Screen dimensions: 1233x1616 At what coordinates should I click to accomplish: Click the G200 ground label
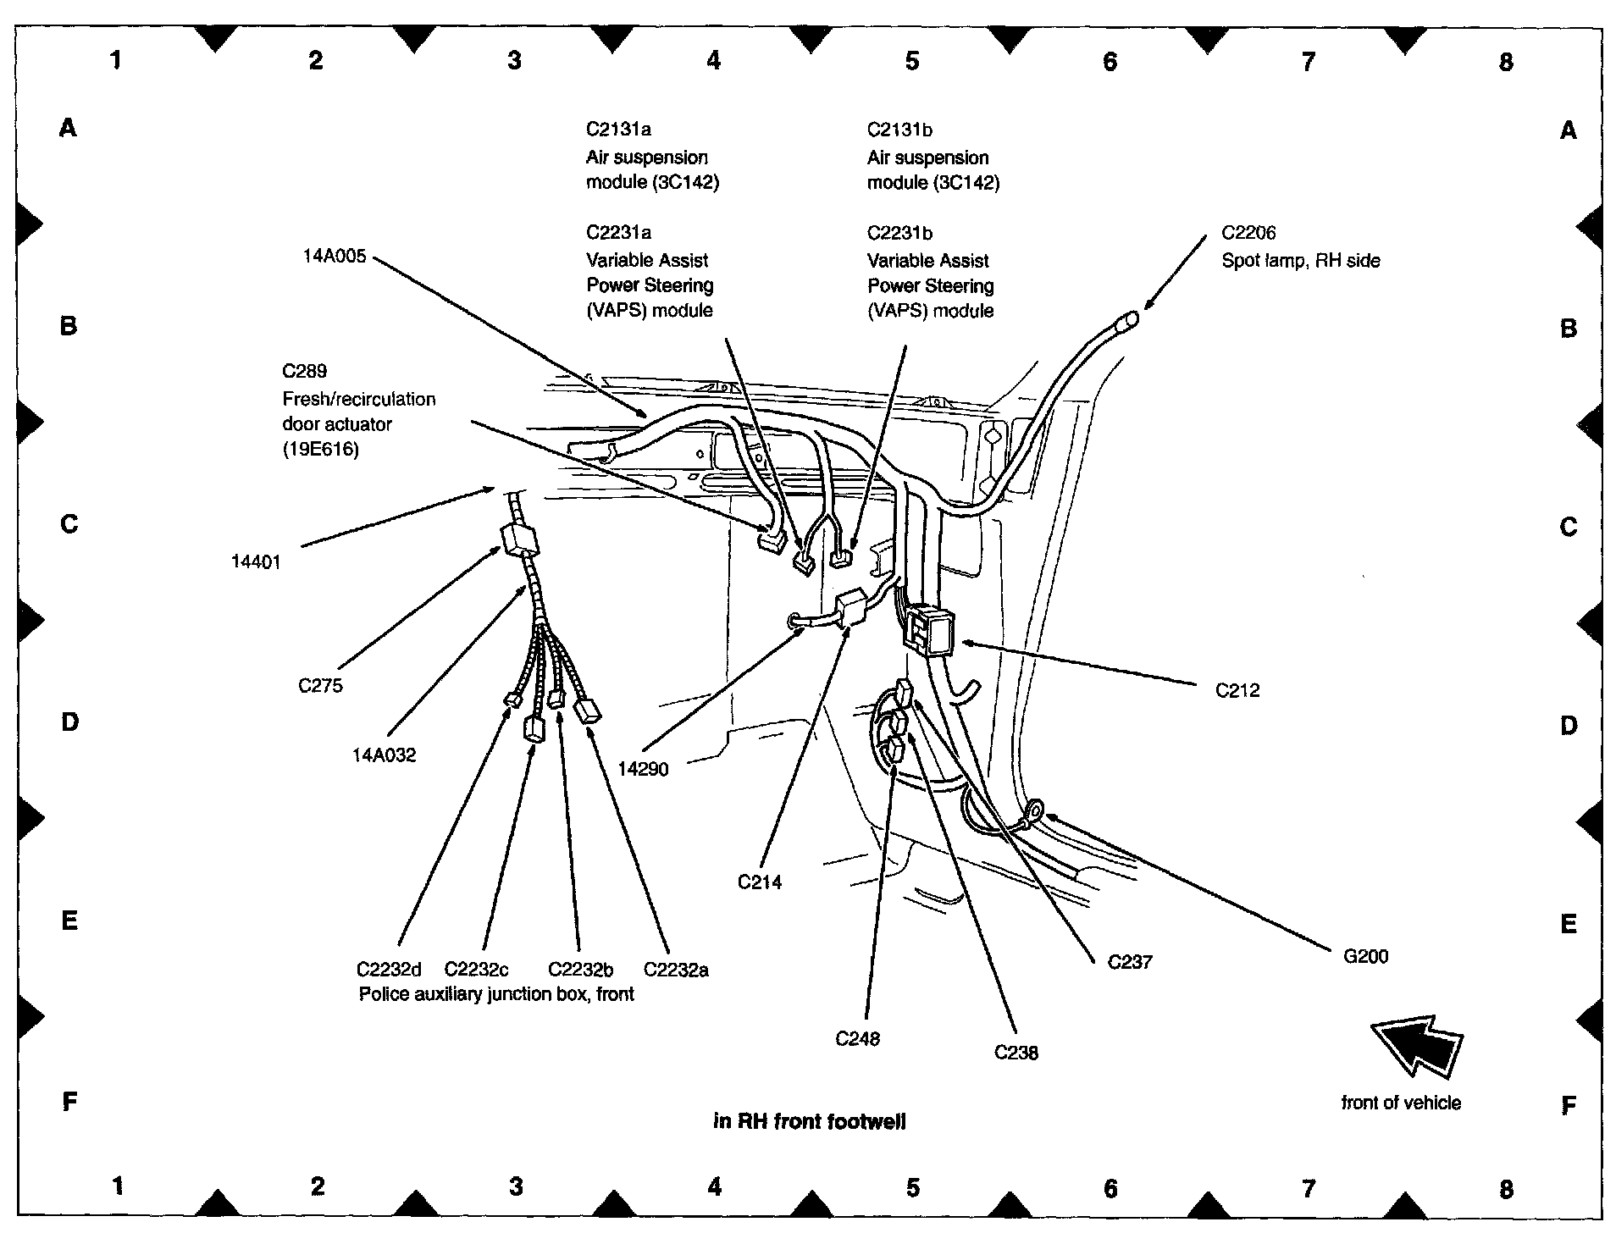tap(1365, 957)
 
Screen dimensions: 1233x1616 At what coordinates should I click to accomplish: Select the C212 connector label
tap(1237, 691)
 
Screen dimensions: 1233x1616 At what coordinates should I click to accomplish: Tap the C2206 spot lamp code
tap(1248, 233)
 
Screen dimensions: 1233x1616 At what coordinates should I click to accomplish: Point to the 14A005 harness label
tap(335, 256)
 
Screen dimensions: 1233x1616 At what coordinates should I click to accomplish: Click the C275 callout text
tap(320, 686)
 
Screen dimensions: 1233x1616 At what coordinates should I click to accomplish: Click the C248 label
tap(857, 1039)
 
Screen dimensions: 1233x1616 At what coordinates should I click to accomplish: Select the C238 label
tap(1016, 1053)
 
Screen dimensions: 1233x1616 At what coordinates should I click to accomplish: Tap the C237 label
tap(1130, 962)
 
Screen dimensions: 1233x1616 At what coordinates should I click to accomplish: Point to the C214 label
tap(760, 882)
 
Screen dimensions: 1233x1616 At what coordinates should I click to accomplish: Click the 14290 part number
tap(643, 770)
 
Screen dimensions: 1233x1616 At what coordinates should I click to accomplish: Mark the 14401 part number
tap(256, 562)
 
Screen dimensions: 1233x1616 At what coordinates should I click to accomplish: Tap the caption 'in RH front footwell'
tap(809, 1122)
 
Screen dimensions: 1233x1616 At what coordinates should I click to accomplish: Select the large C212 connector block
tap(929, 631)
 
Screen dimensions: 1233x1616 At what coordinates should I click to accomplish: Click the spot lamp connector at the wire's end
tap(1127, 321)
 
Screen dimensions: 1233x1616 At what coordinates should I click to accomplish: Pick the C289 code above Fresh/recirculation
tap(304, 371)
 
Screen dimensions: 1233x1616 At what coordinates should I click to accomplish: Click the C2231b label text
tap(899, 233)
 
